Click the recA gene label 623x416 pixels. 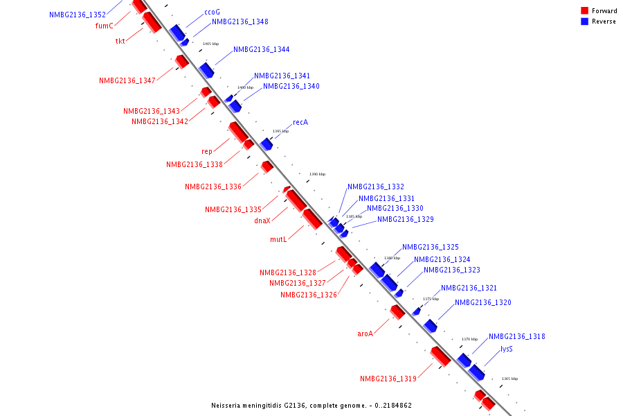300,122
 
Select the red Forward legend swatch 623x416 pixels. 585,10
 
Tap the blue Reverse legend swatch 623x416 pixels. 585,21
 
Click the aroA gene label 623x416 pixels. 365,333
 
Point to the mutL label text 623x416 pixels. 278,239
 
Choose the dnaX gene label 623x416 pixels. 262,221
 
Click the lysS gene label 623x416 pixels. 507,349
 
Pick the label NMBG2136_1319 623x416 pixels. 388,379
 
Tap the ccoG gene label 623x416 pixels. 212,12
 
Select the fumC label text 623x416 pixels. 104,26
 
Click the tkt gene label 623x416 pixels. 120,41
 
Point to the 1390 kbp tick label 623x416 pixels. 317,174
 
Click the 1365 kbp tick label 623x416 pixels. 509,379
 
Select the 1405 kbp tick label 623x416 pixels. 210,44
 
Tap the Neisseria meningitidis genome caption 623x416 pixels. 311,405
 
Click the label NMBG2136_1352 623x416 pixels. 78,15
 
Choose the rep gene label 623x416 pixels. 207,151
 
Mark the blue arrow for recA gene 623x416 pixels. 267,144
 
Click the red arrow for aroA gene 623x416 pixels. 397,312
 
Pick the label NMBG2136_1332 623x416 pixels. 376,187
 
